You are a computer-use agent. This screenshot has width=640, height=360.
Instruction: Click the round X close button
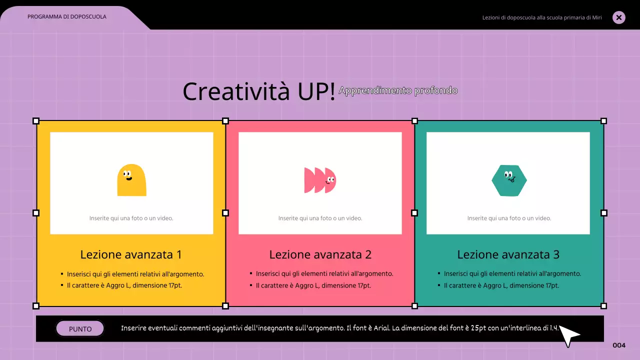coord(618,17)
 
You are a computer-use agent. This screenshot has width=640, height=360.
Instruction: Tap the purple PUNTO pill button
coord(80,329)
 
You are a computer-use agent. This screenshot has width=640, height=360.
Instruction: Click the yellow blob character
coord(131,180)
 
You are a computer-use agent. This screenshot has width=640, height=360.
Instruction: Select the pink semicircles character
coord(320,180)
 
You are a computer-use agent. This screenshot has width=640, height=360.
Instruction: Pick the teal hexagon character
coord(509,180)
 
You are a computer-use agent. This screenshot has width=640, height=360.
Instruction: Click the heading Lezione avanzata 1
coord(130,254)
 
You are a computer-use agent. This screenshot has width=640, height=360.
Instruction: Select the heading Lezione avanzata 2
coord(320,254)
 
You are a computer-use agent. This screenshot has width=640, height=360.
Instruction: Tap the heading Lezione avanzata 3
coord(508,254)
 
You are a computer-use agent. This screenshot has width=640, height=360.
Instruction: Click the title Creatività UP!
coord(258,91)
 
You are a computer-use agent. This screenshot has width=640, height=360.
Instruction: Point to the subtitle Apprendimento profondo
coord(398,90)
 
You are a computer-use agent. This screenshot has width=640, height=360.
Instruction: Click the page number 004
coord(619,345)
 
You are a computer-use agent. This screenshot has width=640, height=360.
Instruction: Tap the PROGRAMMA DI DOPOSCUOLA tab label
coord(67,16)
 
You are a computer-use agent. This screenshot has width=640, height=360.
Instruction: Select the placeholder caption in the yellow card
coord(131,218)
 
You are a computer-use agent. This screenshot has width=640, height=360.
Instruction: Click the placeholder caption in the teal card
coord(509,218)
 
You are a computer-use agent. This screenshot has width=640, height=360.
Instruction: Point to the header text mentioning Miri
coord(541,17)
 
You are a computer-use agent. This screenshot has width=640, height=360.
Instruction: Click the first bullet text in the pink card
coord(324,273)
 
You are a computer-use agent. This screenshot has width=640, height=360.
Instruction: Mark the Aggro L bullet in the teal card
coord(501,285)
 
